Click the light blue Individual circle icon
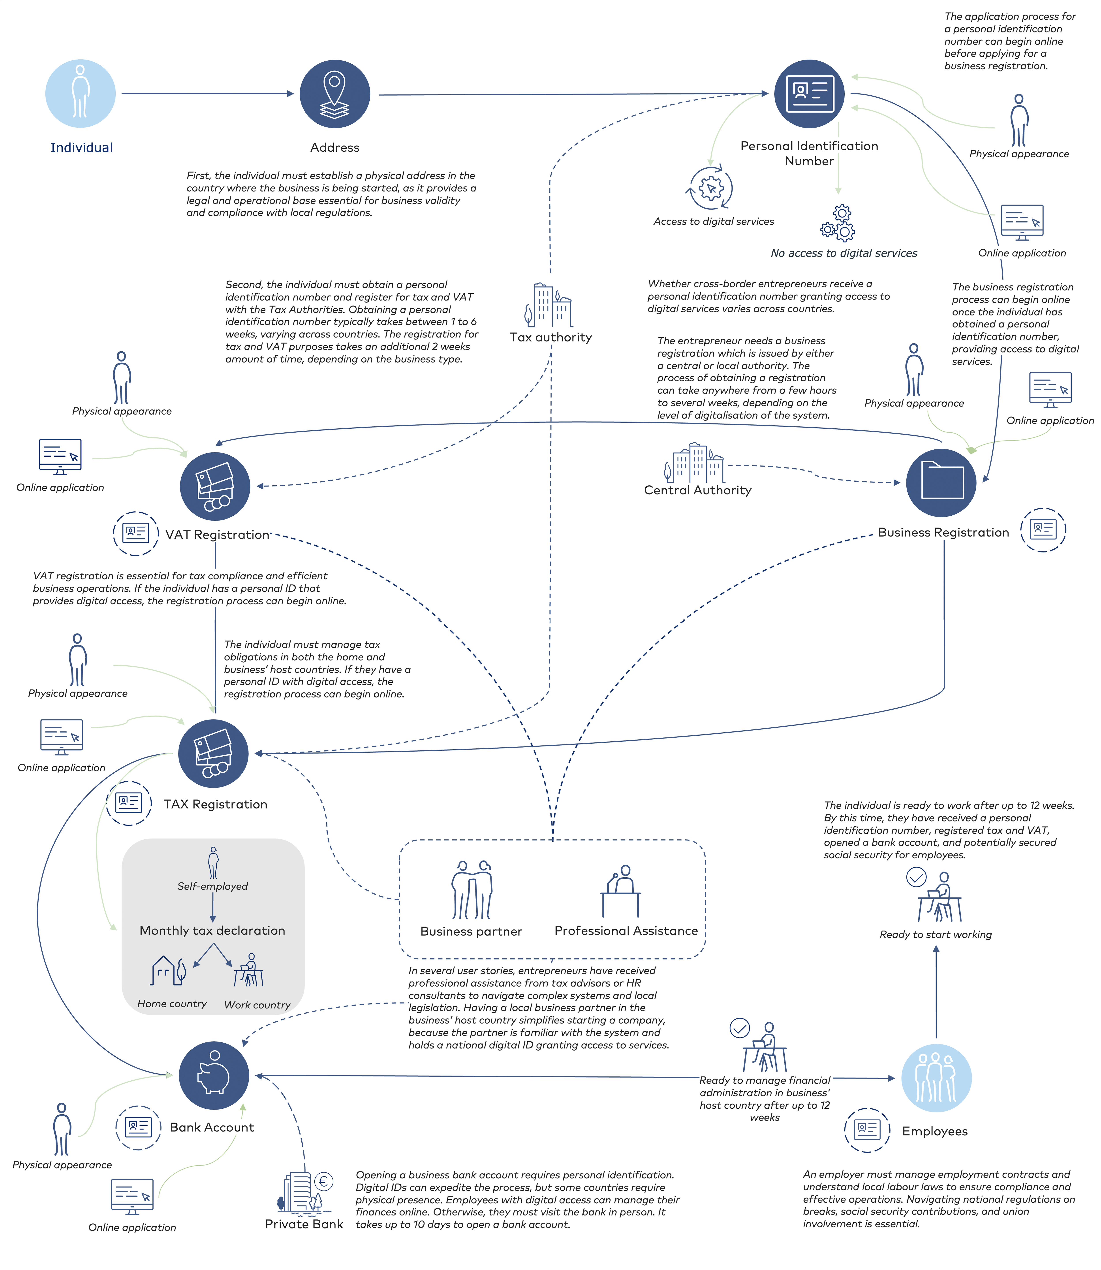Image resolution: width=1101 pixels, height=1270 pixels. (81, 93)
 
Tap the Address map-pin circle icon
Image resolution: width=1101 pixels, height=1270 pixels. (335, 93)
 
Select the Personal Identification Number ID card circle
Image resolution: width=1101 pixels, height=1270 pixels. (809, 93)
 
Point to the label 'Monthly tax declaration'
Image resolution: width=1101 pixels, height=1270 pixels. (212, 930)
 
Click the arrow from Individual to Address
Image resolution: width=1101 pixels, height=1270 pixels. (208, 93)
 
